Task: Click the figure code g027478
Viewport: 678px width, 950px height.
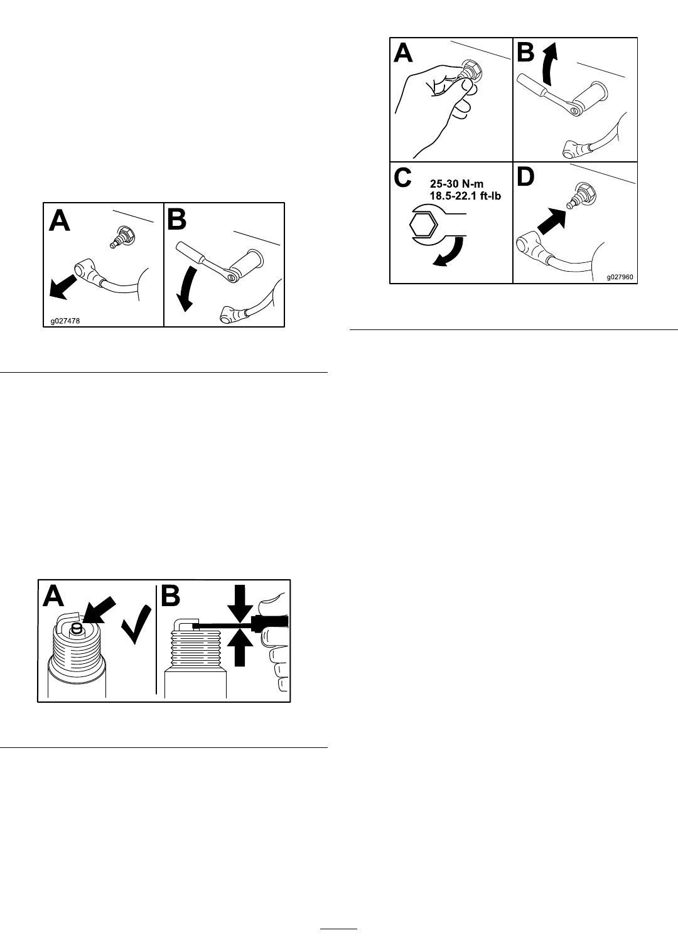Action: tap(65, 321)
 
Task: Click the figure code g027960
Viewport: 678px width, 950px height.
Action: tap(620, 277)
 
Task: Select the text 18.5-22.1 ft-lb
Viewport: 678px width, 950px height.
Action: tap(465, 196)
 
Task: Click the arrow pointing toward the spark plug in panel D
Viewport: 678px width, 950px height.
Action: tap(552, 221)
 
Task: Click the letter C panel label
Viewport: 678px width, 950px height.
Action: tap(402, 177)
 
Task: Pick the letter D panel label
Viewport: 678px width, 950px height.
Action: tap(525, 177)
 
